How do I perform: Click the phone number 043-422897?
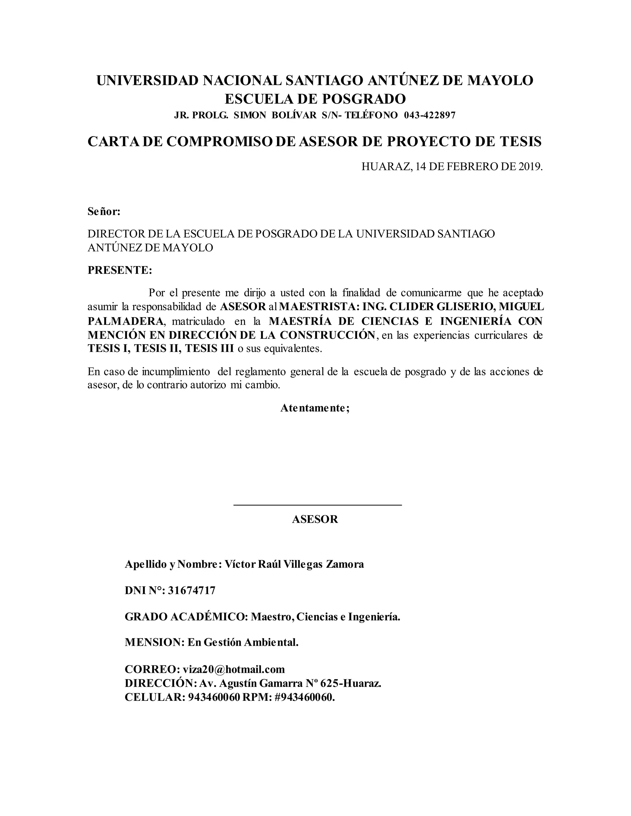(429, 115)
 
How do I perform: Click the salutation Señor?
(104, 212)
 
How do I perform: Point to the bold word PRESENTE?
(120, 270)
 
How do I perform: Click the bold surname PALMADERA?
(126, 321)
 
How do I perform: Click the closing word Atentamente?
(315, 408)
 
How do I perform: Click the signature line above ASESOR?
(317, 505)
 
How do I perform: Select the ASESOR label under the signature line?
(315, 519)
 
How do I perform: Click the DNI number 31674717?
(191, 590)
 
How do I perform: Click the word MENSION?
(155, 642)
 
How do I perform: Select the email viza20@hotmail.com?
(234, 669)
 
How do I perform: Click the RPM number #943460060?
(304, 697)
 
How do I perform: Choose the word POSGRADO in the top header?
(364, 99)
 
